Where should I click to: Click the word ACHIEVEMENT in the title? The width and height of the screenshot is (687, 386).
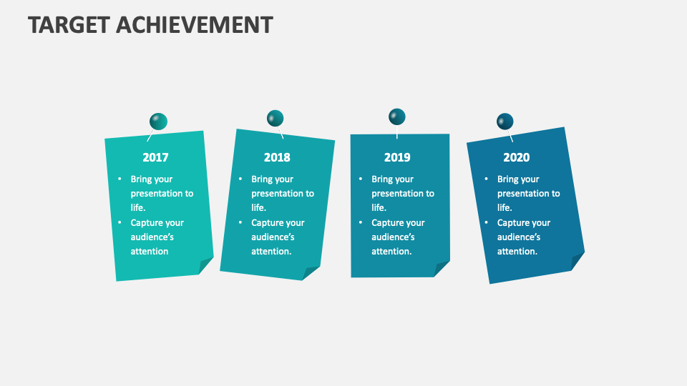(194, 24)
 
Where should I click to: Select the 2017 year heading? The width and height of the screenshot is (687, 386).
(155, 157)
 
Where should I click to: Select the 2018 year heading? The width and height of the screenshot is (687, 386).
(277, 157)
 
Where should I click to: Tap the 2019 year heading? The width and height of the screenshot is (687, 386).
(397, 157)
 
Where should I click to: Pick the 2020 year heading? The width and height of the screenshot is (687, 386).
(516, 157)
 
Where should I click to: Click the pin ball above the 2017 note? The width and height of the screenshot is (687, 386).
(158, 122)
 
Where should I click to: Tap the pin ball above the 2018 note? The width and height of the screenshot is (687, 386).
(275, 118)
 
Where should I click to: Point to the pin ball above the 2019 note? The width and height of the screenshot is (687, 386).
(397, 117)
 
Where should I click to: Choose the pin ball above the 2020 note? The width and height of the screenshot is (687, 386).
(505, 121)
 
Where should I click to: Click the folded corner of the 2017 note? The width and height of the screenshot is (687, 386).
(205, 265)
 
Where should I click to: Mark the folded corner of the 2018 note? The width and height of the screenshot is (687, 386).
(310, 272)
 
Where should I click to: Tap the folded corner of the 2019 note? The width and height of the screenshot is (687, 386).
(441, 268)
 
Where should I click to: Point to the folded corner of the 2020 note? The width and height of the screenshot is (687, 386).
(577, 261)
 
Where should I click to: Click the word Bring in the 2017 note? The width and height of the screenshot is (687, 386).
(142, 179)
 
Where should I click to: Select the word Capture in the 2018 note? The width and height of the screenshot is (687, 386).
(267, 223)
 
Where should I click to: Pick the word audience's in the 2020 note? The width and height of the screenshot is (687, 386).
(519, 237)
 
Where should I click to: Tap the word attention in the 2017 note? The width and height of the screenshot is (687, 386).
(150, 252)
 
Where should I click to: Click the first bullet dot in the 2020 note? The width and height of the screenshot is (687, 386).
(487, 179)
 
